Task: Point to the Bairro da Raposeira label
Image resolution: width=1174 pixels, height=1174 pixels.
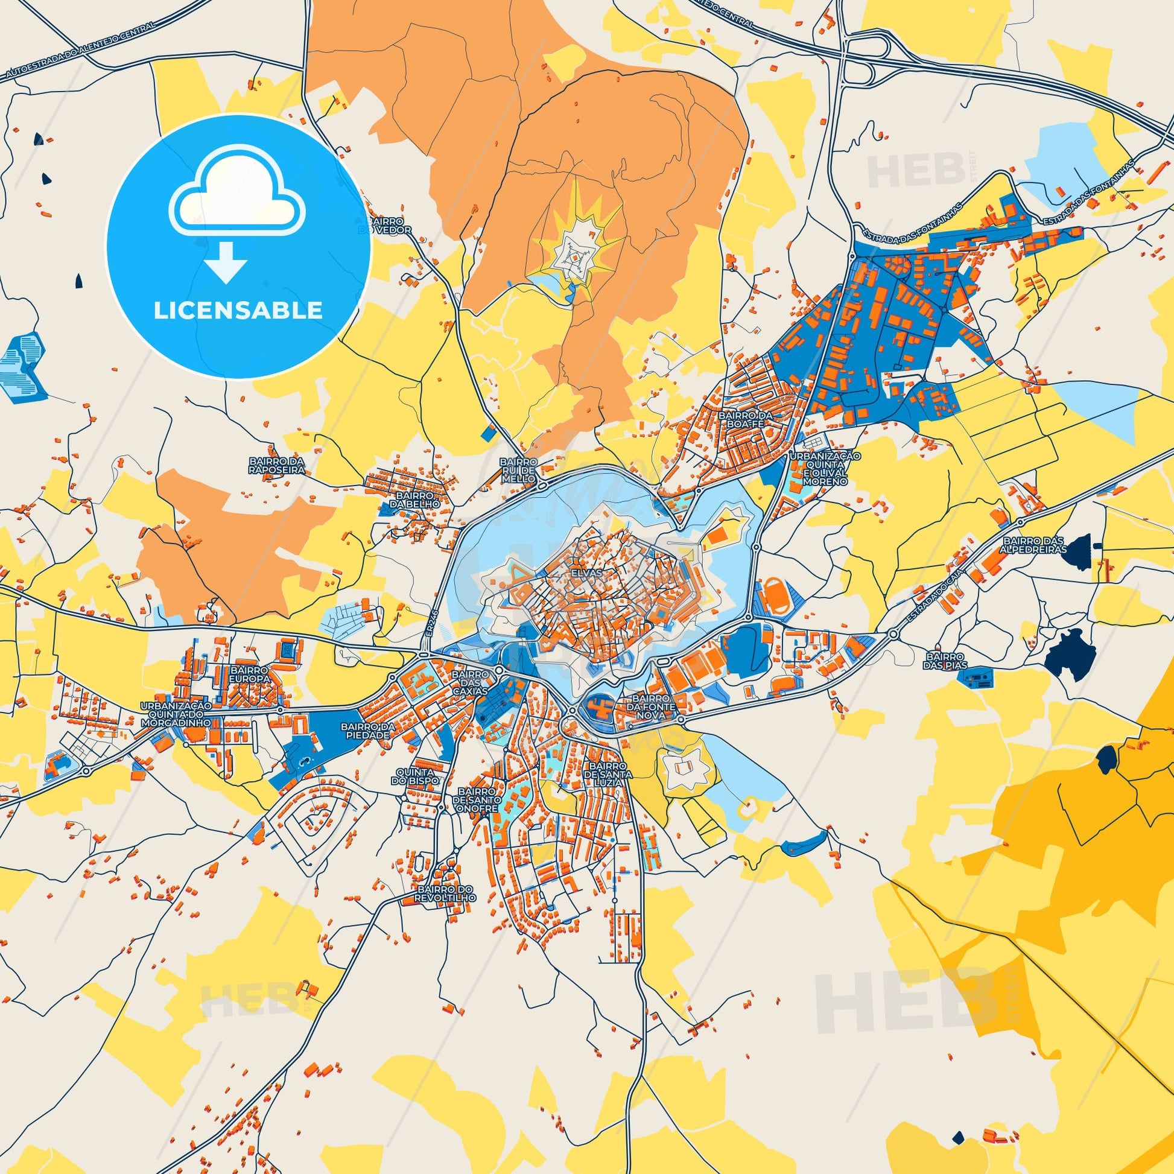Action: coord(276,466)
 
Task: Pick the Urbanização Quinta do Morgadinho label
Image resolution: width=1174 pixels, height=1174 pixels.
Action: coord(176,715)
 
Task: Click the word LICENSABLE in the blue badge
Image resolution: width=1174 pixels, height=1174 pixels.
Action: coord(238,311)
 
